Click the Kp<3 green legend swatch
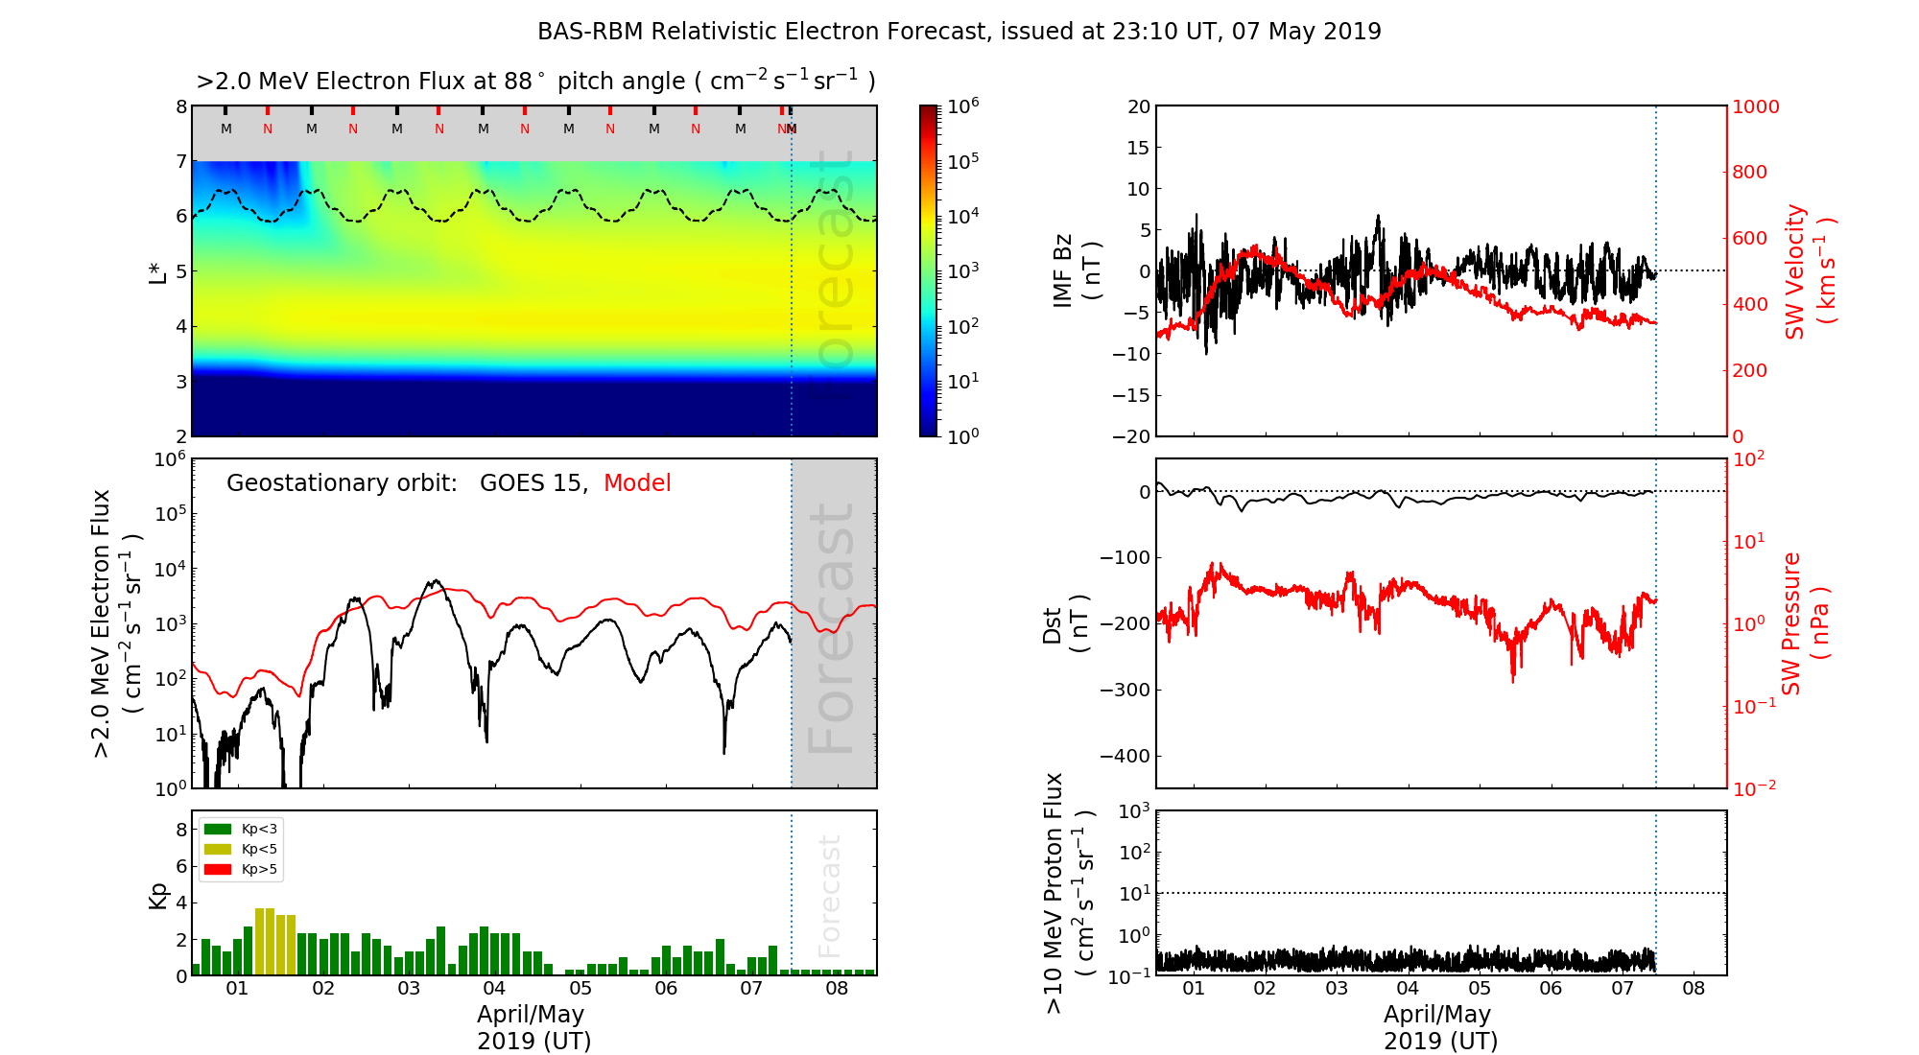click(218, 829)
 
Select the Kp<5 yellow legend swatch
click(218, 849)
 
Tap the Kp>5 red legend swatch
click(218, 870)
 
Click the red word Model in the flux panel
click(637, 483)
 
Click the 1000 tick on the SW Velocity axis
click(1756, 106)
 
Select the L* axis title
click(157, 271)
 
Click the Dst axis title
click(1065, 624)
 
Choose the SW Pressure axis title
click(1805, 624)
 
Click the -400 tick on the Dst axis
click(1125, 756)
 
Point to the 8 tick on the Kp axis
click(181, 830)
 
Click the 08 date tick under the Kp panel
click(837, 989)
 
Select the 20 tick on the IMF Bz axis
click(1138, 106)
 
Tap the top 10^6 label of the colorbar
click(963, 105)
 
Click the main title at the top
click(959, 32)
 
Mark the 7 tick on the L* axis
click(181, 161)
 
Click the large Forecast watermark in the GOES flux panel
click(832, 628)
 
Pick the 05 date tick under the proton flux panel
click(1480, 989)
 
